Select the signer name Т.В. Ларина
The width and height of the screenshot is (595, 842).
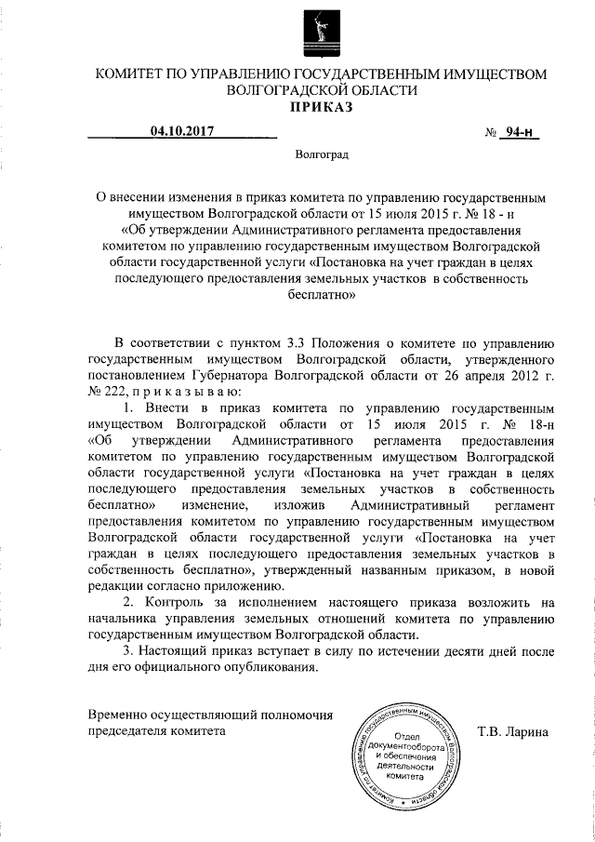click(x=512, y=731)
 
